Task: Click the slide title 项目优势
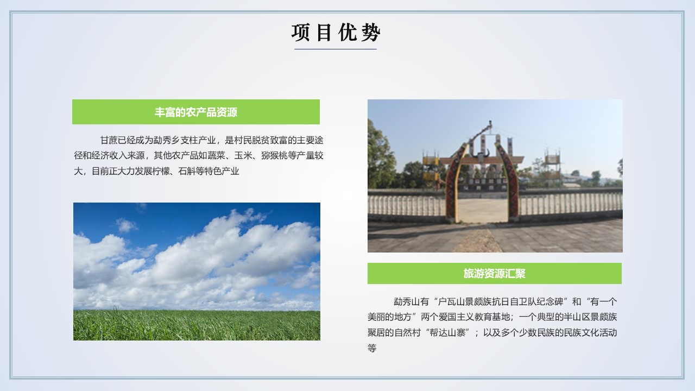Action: pyautogui.click(x=336, y=32)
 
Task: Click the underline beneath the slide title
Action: pyautogui.click(x=336, y=49)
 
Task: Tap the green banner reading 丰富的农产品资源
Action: pyautogui.click(x=196, y=112)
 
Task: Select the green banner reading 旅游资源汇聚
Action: pyautogui.click(x=495, y=273)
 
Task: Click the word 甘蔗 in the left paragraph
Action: pyautogui.click(x=109, y=140)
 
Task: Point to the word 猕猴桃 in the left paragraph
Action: pyautogui.click(x=274, y=155)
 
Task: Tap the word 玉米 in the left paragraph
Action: pyautogui.click(x=243, y=155)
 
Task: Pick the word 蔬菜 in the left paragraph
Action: pyautogui.click(x=216, y=155)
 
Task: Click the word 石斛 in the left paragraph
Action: pyautogui.click(x=187, y=171)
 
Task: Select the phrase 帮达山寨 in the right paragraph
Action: pyautogui.click(x=447, y=333)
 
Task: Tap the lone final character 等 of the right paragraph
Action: pyautogui.click(x=372, y=348)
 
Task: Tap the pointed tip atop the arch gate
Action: pyautogui.click(x=490, y=122)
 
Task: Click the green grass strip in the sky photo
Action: pyautogui.click(x=197, y=325)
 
